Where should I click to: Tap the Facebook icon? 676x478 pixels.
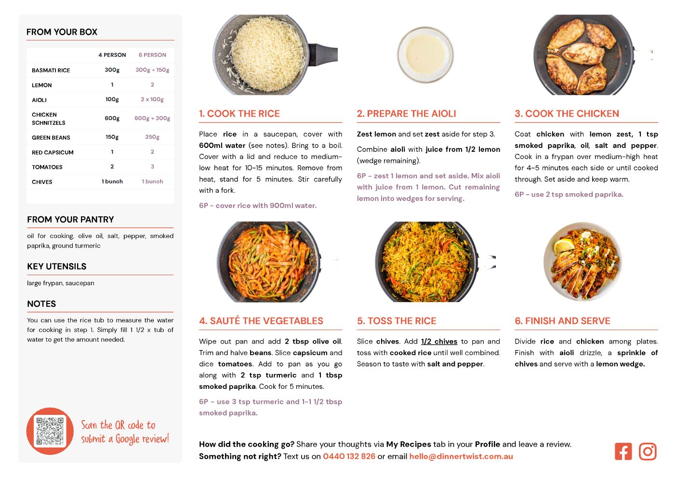point(623,452)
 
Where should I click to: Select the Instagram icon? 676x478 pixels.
point(648,452)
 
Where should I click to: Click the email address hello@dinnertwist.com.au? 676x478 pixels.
point(461,456)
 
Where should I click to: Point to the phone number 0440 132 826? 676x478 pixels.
point(349,456)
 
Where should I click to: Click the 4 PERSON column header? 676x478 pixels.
point(112,55)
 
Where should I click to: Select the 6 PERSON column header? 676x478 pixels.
point(152,55)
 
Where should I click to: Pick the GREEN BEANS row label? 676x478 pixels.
point(51,138)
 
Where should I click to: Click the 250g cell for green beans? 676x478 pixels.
point(152,137)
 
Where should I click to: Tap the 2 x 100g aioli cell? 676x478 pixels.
point(152,99)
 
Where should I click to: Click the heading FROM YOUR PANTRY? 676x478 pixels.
point(71,219)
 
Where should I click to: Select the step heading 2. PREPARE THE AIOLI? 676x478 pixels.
point(407,113)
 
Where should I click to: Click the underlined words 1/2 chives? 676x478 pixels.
point(439,341)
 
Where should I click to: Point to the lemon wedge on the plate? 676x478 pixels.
point(563,245)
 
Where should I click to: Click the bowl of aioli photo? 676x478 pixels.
point(425,55)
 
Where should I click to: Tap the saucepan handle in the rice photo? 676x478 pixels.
point(323,54)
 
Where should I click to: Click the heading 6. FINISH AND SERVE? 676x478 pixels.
point(562,321)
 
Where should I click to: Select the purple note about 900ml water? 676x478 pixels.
point(258,205)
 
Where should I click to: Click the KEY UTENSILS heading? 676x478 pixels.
point(57,266)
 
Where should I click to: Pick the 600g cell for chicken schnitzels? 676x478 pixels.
point(112,118)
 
